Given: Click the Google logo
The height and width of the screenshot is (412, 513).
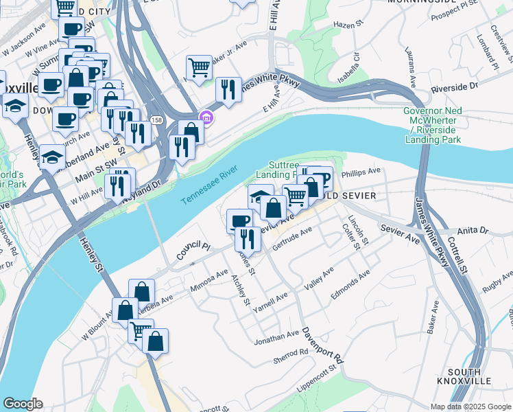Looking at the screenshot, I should (23, 404).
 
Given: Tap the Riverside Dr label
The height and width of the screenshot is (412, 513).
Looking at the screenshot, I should (453, 87).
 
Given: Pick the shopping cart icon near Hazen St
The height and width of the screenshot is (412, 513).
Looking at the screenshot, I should (199, 68).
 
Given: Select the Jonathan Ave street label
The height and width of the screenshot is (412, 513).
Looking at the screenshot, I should (277, 337).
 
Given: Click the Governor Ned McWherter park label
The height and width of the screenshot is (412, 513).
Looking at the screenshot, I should (432, 125).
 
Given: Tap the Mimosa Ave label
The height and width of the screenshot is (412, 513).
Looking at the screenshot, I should (209, 280).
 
